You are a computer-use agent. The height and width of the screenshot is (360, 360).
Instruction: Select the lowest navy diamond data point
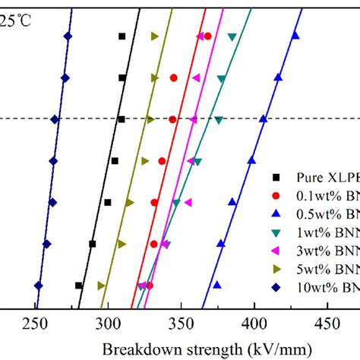tap(39, 285)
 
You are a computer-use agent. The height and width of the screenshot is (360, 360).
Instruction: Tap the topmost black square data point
tap(122, 36)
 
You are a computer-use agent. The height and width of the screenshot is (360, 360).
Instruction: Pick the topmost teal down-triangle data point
tap(232, 36)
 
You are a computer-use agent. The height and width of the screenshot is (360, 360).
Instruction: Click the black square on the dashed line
tap(122, 119)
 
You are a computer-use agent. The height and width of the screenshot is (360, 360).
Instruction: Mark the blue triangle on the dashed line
tap(264, 119)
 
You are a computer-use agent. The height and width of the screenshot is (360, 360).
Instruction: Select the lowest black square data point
tap(79, 285)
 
